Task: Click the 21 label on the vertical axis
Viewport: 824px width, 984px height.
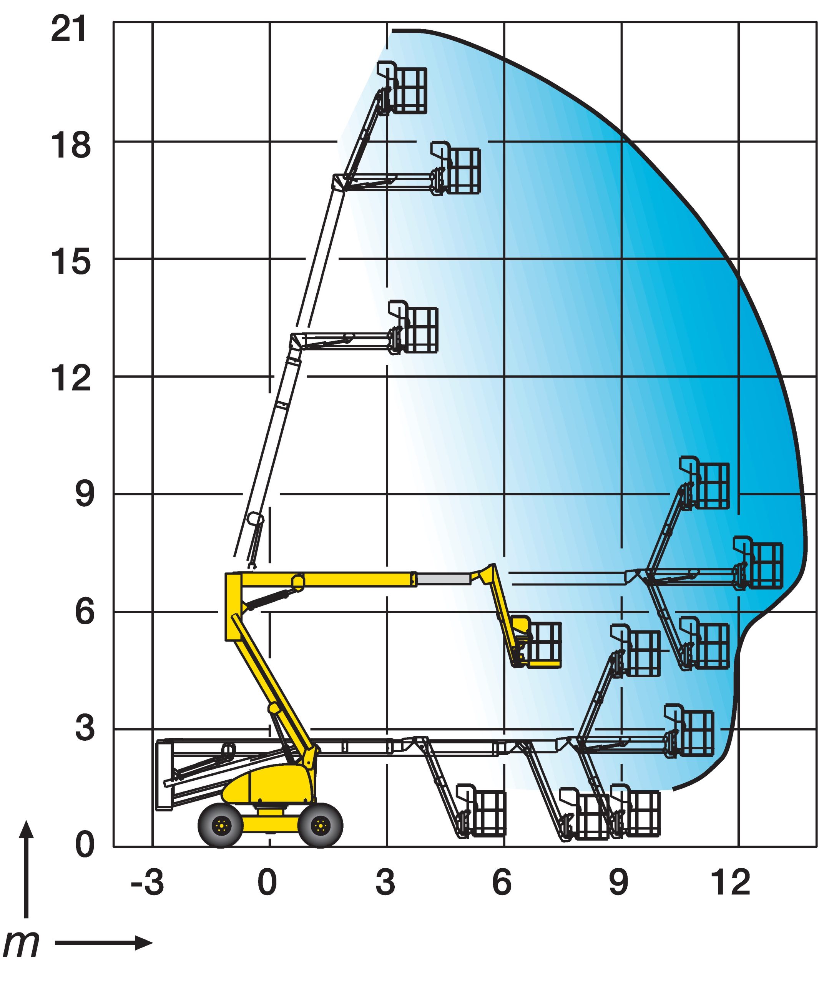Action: click(69, 30)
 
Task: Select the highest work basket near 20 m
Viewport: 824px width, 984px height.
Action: click(403, 88)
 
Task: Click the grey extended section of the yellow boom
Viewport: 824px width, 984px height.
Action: click(443, 579)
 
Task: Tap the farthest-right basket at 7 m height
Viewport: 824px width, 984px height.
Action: click(758, 563)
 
